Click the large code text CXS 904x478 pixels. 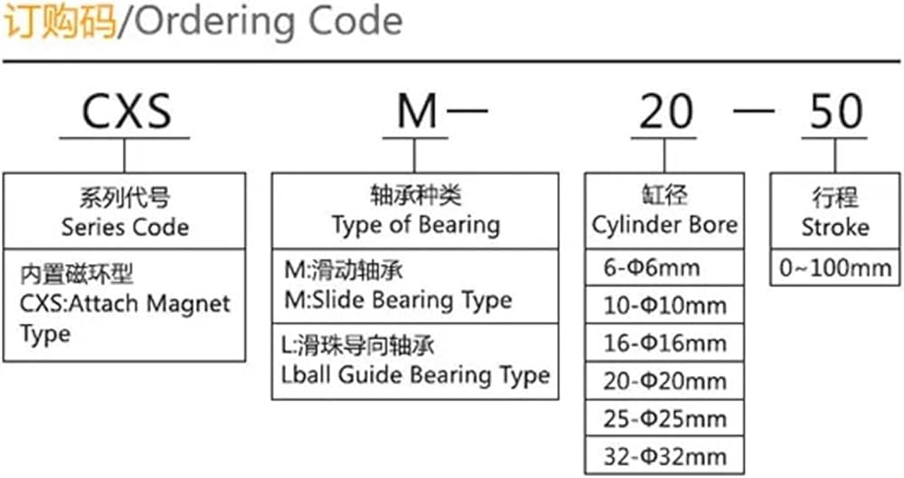click(126, 112)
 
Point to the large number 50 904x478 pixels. click(836, 112)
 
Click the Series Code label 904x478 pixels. click(125, 226)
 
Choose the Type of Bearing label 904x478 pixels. click(415, 224)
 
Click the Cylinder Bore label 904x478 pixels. click(664, 224)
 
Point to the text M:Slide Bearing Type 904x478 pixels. click(397, 299)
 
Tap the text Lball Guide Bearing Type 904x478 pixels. click(416, 374)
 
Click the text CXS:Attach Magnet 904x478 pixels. click(125, 303)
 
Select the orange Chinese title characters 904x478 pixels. click(60, 22)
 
